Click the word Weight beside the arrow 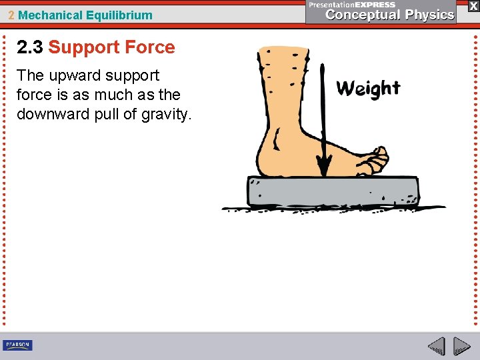368,89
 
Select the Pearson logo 17,345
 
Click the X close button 473,6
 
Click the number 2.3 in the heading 30,47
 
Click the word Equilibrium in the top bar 119,15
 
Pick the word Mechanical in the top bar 51,15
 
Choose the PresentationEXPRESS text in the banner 352,4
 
